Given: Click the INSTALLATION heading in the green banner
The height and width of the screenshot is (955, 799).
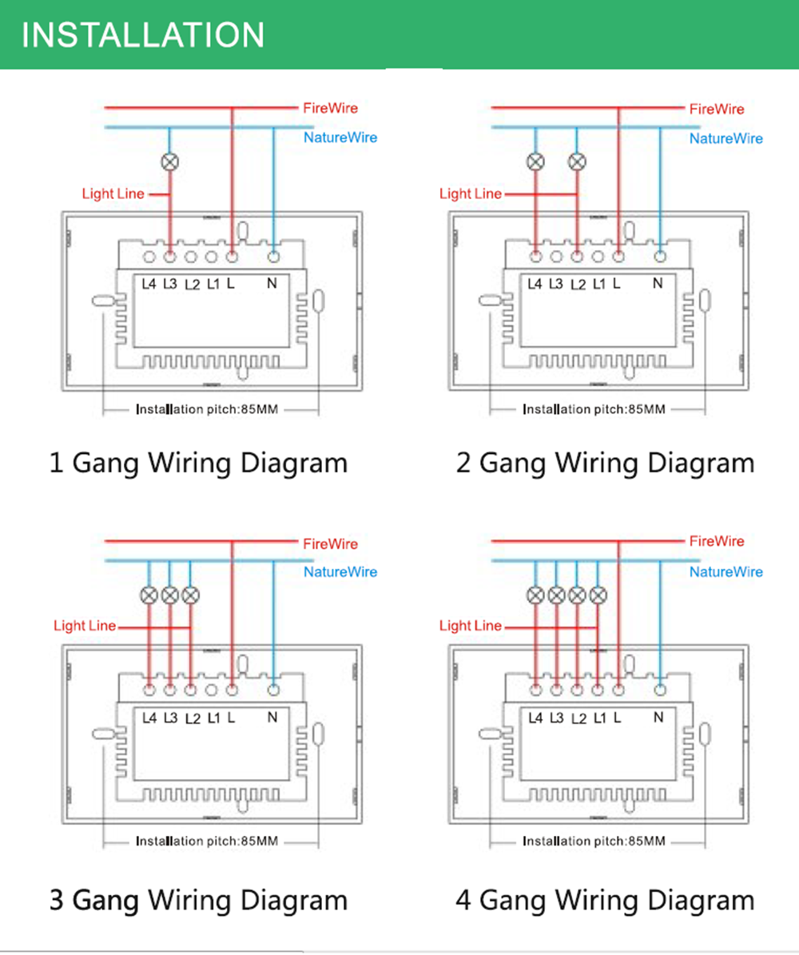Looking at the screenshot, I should pos(143,35).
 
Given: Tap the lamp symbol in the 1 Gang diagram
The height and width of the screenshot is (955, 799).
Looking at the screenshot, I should pos(170,161).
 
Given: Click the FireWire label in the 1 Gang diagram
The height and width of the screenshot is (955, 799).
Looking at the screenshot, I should pos(330,108).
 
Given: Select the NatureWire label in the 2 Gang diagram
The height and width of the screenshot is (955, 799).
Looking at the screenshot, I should pos(725,139).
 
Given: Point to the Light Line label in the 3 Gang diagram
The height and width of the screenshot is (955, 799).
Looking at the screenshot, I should pos(85,626).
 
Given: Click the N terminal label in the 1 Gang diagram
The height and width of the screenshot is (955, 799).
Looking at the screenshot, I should pos(272,284).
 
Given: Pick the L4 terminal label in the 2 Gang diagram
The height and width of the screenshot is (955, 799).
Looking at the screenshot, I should pos(535,284).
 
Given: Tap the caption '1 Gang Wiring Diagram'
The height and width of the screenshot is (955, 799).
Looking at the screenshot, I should pos(198,463).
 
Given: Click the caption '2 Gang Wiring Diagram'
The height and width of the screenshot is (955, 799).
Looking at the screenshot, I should pos(605,463).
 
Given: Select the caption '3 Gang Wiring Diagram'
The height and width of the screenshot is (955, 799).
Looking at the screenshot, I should pos(198,900).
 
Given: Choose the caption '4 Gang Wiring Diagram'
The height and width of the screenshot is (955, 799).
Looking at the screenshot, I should pos(605,900).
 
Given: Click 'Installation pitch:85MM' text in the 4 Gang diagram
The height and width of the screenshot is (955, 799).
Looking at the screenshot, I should pos(594,841).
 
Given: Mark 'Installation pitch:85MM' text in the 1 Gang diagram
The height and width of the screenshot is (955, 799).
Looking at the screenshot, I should pos(207,409).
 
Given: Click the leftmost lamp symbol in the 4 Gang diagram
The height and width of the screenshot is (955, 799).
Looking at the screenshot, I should pos(536,595).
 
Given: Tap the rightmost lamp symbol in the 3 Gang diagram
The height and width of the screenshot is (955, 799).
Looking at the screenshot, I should pos(190,595).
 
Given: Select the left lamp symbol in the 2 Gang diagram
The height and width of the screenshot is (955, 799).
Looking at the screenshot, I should pos(536,161).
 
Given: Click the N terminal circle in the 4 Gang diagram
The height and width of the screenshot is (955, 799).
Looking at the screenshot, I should pos(660,689).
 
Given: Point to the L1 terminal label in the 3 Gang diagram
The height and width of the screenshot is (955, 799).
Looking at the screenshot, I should pos(213,718).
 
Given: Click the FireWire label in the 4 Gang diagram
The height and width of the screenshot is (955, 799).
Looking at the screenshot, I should pos(717,542).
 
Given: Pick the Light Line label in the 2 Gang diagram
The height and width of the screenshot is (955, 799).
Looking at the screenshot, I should pos(471,193).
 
